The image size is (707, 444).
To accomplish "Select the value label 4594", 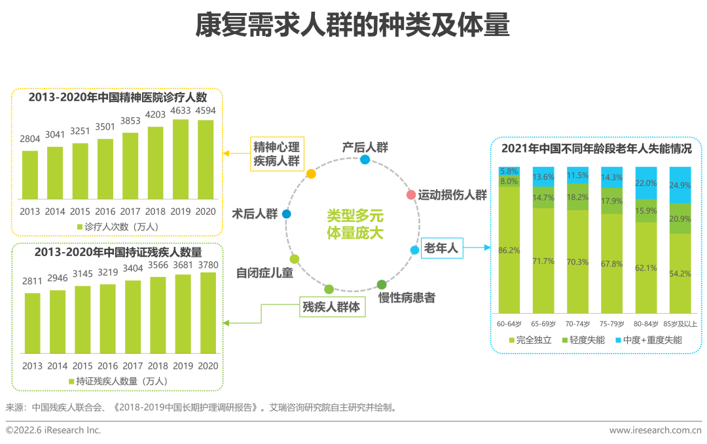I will [x=206, y=110].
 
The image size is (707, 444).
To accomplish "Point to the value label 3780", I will [x=208, y=263].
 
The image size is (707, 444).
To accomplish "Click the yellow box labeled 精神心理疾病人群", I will [x=276, y=153].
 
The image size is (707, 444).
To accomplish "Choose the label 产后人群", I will [x=365, y=147].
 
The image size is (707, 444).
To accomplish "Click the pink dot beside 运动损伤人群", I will [x=410, y=194].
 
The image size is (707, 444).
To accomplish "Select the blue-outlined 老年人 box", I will [x=441, y=248].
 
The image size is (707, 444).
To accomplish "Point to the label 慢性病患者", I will [x=406, y=298].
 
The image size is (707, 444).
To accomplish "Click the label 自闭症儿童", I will [x=264, y=273].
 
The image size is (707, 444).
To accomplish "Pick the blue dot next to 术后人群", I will [x=286, y=213].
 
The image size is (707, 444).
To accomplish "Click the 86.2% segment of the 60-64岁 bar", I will [x=509, y=250].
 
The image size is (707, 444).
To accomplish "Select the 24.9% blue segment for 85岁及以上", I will [x=681, y=185].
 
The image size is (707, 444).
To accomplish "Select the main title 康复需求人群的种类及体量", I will [x=353, y=26].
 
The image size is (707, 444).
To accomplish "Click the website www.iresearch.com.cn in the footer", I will [x=655, y=430].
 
